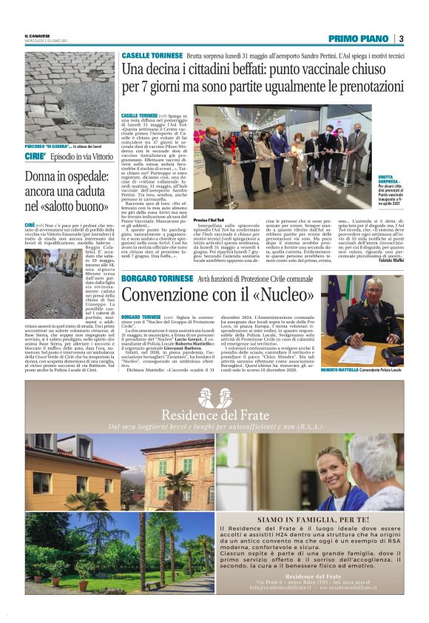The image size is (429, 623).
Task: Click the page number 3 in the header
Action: pyautogui.click(x=401, y=38)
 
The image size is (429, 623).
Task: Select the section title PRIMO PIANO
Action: pyautogui.click(x=359, y=38)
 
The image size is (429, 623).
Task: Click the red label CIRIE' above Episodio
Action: pyautogui.click(x=36, y=158)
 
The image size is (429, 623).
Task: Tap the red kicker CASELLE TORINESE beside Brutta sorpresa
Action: pyautogui.click(x=152, y=55)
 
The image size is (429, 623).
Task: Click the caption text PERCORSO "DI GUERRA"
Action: pyautogui.click(x=49, y=147)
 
